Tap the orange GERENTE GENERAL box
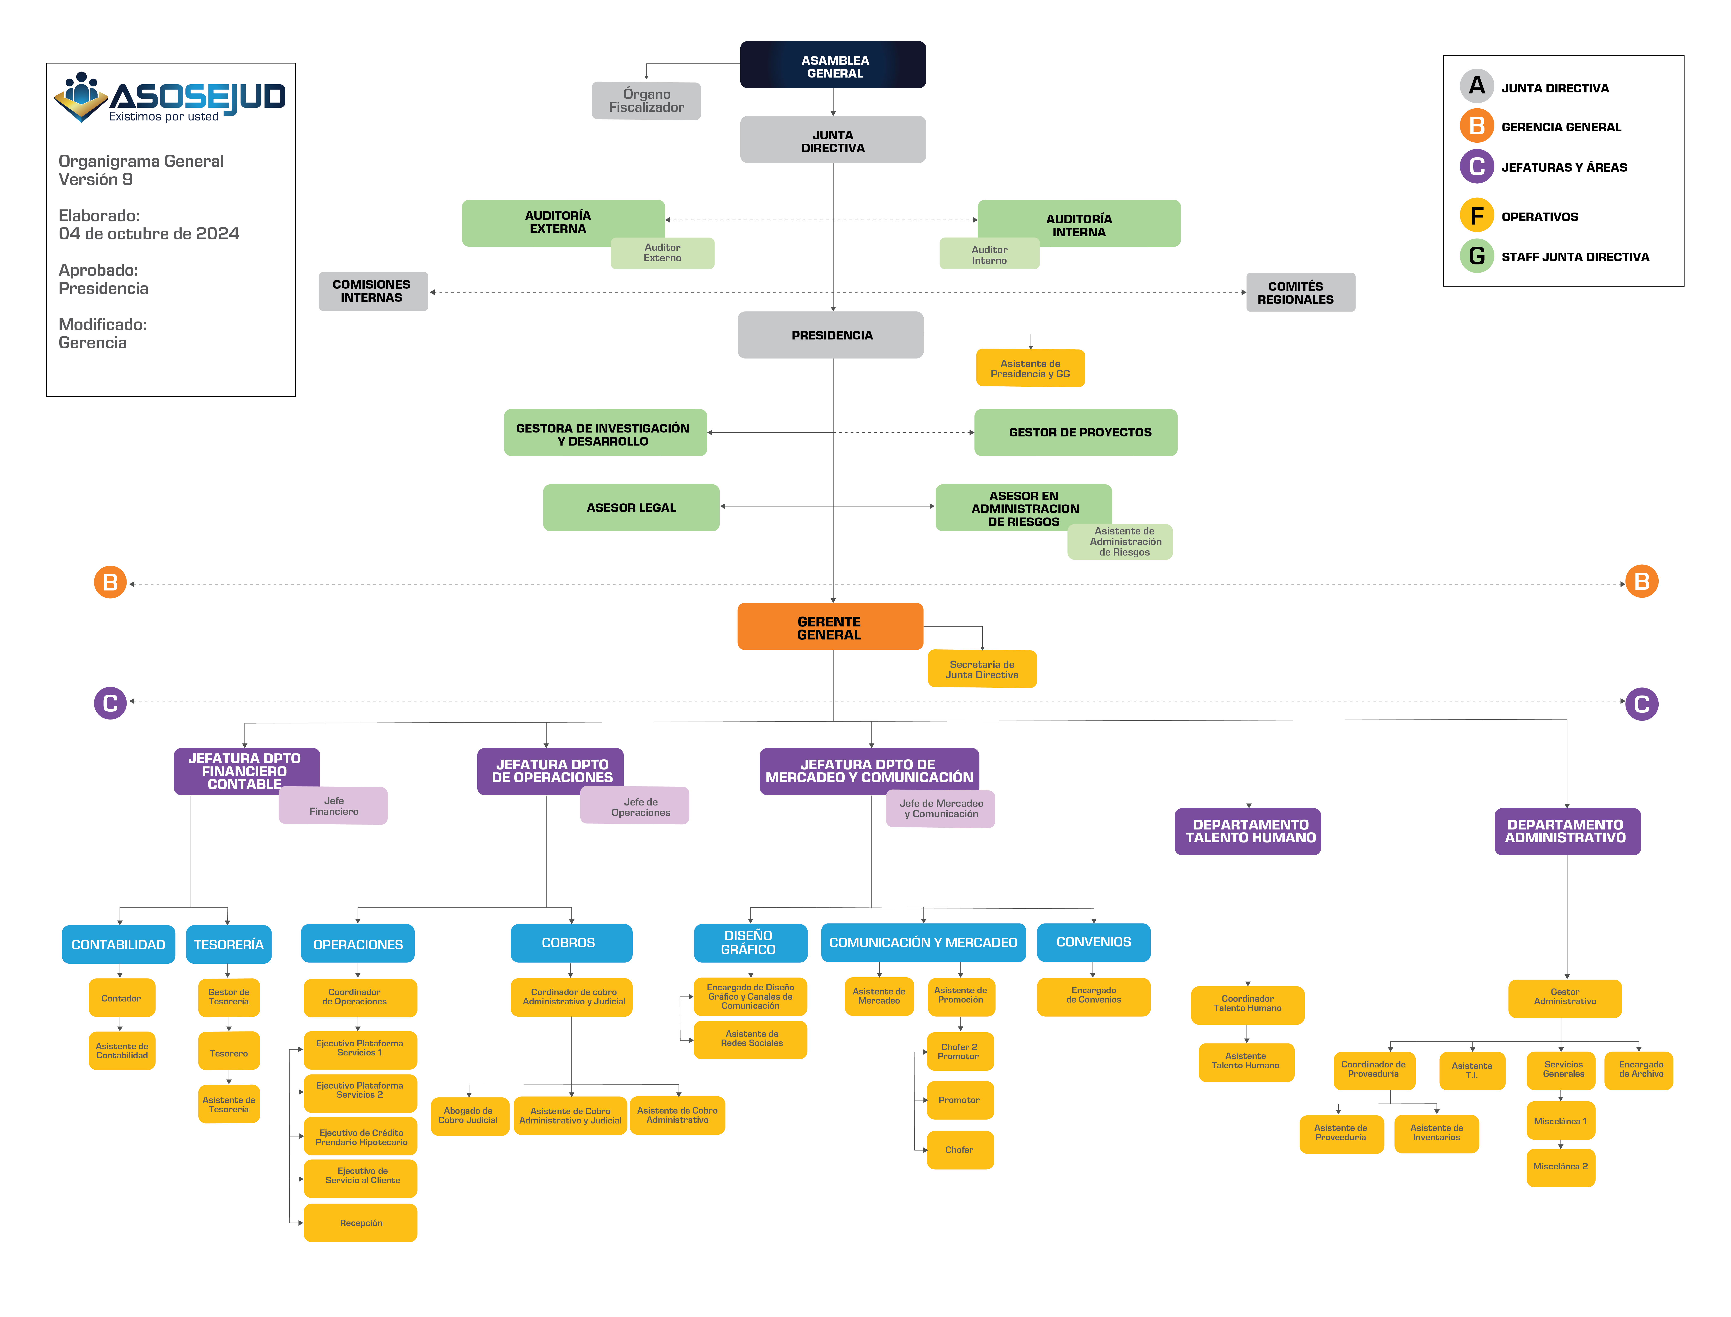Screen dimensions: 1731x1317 [830, 626]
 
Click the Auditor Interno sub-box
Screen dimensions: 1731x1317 [989, 254]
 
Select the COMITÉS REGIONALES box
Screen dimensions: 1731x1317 [1301, 292]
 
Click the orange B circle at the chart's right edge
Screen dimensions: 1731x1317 [1642, 582]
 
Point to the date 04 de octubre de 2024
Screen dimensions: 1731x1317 [149, 234]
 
